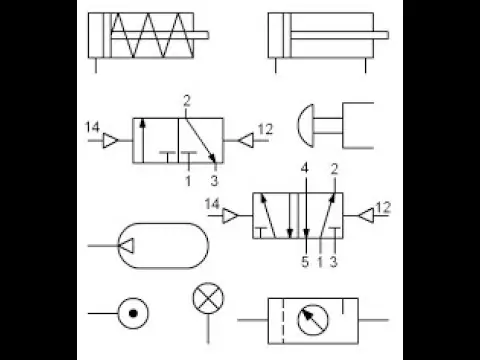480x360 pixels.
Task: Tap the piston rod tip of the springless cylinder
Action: tap(387, 35)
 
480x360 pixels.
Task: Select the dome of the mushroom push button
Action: tap(307, 125)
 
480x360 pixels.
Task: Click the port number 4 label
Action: tap(305, 168)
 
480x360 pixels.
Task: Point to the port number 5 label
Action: tap(305, 262)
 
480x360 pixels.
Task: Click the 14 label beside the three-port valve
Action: tap(92, 127)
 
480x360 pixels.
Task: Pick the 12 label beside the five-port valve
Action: tap(383, 208)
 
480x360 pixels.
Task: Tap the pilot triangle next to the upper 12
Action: tap(246, 140)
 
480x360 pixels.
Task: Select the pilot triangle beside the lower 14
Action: tap(230, 216)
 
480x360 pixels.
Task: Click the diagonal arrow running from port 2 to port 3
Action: tap(200, 138)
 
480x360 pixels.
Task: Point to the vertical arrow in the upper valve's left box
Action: tap(143, 140)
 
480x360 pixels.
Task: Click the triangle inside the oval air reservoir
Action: tap(127, 246)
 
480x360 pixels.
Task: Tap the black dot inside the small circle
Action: tap(133, 313)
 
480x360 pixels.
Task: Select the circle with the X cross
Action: tap(208, 298)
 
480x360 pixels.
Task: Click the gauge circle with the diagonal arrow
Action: tap(313, 320)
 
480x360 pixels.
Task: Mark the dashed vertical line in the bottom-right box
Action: tap(283, 321)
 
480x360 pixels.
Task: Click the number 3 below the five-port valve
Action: tap(334, 262)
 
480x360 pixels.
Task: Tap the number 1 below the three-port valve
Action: tap(188, 181)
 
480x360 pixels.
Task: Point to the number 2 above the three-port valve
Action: tap(187, 101)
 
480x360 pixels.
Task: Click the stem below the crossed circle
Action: tap(208, 328)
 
